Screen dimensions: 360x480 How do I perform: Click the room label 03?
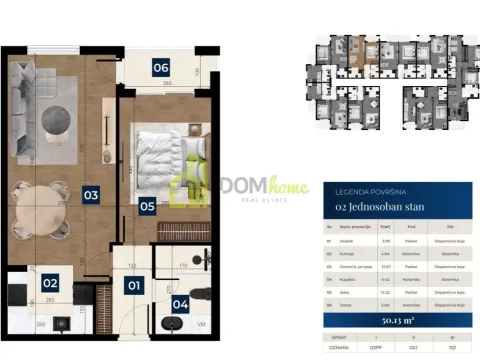[90, 195]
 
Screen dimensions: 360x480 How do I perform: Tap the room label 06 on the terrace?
[160, 68]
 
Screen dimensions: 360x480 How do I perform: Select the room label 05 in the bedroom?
[147, 207]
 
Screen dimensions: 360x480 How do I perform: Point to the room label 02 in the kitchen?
[50, 284]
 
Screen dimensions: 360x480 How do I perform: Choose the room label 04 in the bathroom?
[180, 304]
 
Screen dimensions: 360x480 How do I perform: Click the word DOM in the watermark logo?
[232, 185]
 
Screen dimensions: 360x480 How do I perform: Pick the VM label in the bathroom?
[201, 324]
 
